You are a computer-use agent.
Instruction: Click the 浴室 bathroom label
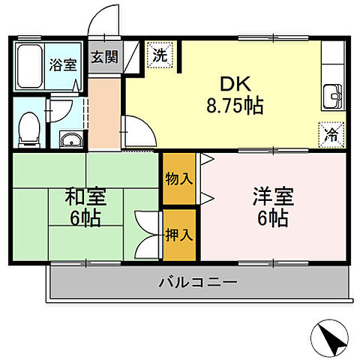click(64, 63)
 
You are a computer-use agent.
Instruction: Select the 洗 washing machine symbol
click(160, 54)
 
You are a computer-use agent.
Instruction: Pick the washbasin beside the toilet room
click(69, 139)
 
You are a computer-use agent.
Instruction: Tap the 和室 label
click(85, 198)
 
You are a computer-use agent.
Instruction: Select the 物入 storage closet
click(180, 178)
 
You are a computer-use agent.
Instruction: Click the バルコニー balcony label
click(198, 283)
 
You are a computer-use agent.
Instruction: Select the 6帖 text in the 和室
click(84, 218)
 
